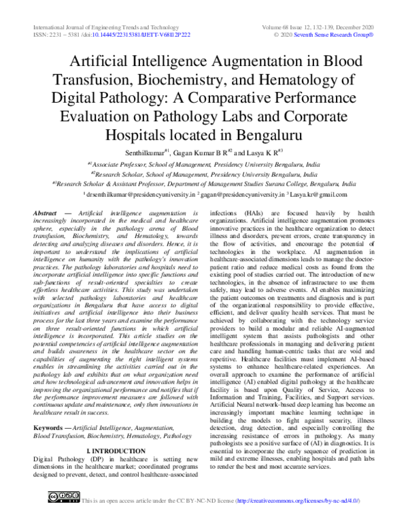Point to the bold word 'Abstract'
pyautogui.click(x=45, y=214)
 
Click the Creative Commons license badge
pyautogui.click(x=63, y=517)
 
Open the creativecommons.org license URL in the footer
pyautogui.click(x=297, y=520)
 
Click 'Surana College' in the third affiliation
pyautogui.click(x=278, y=184)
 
